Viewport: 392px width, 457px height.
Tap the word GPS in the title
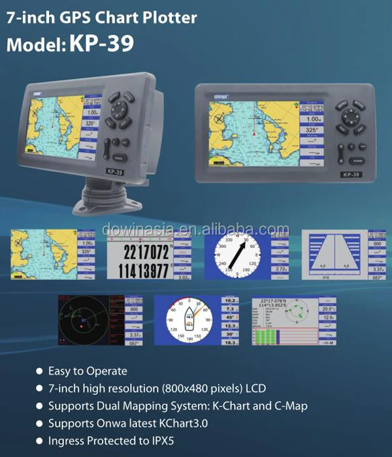tap(77, 17)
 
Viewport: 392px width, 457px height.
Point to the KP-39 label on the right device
tap(352, 175)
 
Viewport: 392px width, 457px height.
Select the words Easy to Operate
tap(88, 371)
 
